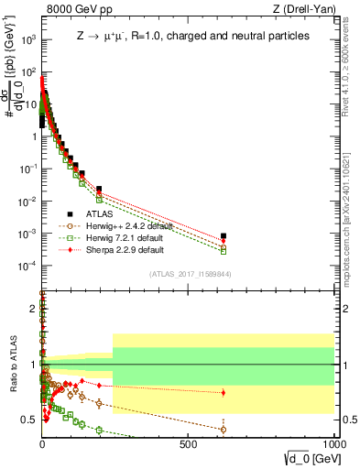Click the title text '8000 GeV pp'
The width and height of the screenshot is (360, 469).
pos(74,10)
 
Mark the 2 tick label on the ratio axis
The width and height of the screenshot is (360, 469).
pos(33,309)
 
